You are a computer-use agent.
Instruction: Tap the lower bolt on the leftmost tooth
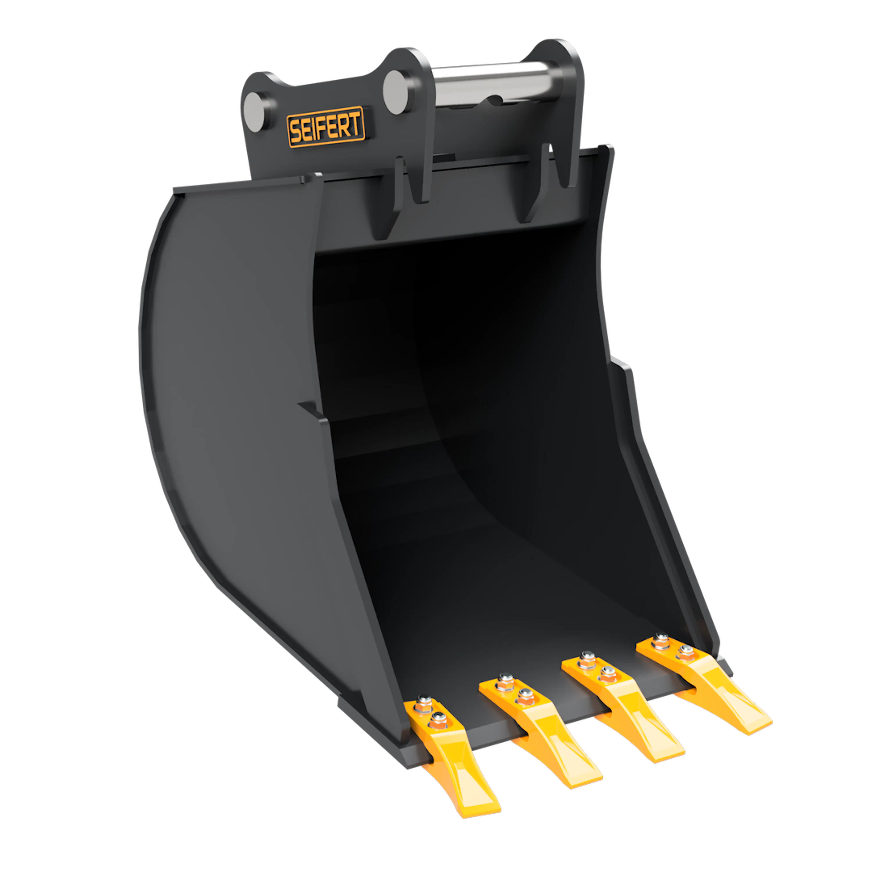[x=438, y=720]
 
